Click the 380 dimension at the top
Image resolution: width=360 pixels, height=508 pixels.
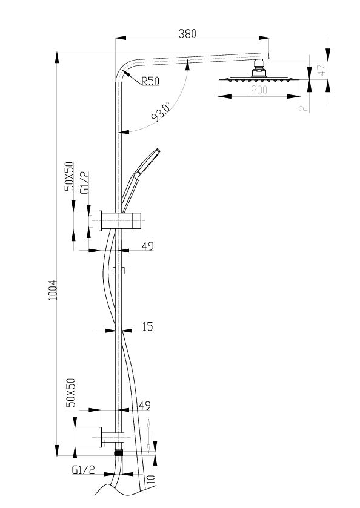[x=187, y=34]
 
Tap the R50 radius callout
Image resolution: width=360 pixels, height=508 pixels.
[x=150, y=81]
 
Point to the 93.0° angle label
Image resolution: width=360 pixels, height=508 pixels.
[x=161, y=112]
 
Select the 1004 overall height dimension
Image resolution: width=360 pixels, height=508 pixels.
[x=53, y=290]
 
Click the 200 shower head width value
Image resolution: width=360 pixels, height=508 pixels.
[x=259, y=90]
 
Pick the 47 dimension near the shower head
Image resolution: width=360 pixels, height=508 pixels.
[x=321, y=70]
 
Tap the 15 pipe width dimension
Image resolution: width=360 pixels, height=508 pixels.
[x=147, y=326]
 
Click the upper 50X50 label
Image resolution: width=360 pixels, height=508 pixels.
[x=69, y=176]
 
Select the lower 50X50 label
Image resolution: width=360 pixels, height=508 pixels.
[x=70, y=393]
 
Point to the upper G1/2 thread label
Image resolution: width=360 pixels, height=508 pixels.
[x=84, y=183]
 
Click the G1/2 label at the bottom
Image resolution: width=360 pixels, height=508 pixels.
[x=83, y=470]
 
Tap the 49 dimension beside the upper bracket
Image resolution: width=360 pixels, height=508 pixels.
[x=147, y=246]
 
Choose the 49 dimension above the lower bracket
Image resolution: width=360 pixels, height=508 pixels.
[x=145, y=405]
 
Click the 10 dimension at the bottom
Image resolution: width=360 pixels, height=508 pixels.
[x=151, y=479]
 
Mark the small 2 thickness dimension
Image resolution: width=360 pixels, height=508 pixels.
[x=303, y=108]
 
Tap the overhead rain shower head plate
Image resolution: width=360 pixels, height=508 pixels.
[x=259, y=79]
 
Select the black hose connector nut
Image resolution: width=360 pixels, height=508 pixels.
[x=119, y=453]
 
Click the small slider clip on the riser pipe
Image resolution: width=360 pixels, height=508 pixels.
[x=119, y=271]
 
